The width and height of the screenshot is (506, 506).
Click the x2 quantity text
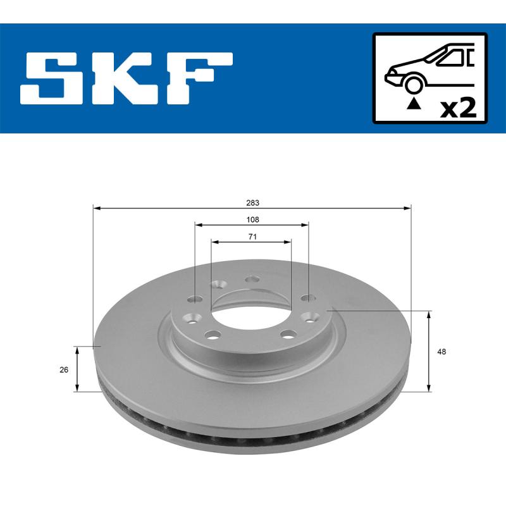pyautogui.click(x=457, y=108)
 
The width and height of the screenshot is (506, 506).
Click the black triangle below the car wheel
pyautogui.click(x=413, y=102)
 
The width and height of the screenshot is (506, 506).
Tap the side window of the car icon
pyautogui.click(x=452, y=58)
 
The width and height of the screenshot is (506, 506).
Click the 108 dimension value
pyautogui.click(x=252, y=219)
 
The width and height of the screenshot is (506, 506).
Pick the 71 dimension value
pyautogui.click(x=252, y=237)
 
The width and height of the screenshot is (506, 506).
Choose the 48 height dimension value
pyautogui.click(x=441, y=352)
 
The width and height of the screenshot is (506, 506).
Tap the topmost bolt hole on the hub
pyautogui.click(x=252, y=279)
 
